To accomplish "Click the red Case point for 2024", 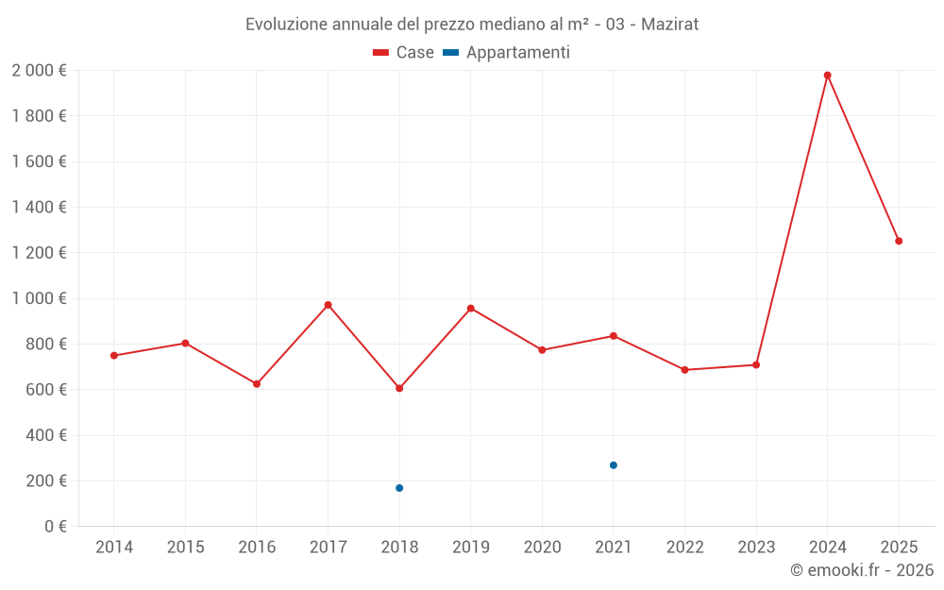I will tap(827, 76).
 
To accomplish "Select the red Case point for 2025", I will tap(899, 241).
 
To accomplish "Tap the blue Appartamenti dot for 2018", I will tap(399, 488).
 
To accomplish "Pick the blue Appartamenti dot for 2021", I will tap(614, 465).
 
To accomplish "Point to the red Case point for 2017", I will tap(328, 305).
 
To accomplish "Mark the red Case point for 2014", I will tap(114, 356).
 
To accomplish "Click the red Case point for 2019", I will tap(471, 309).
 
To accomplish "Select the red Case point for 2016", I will tap(257, 384).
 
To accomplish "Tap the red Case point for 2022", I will tap(684, 370).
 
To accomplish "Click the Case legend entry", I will tap(404, 53).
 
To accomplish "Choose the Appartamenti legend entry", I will tap(507, 53).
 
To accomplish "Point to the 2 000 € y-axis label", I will tap(39, 71).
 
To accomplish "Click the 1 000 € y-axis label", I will tap(39, 298).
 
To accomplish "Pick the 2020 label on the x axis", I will tap(542, 548).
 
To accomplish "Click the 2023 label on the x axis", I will tap(756, 548).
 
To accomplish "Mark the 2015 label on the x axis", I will tap(185, 548).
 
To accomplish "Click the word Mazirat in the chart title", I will tap(669, 25).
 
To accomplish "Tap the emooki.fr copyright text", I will tap(862, 570).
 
